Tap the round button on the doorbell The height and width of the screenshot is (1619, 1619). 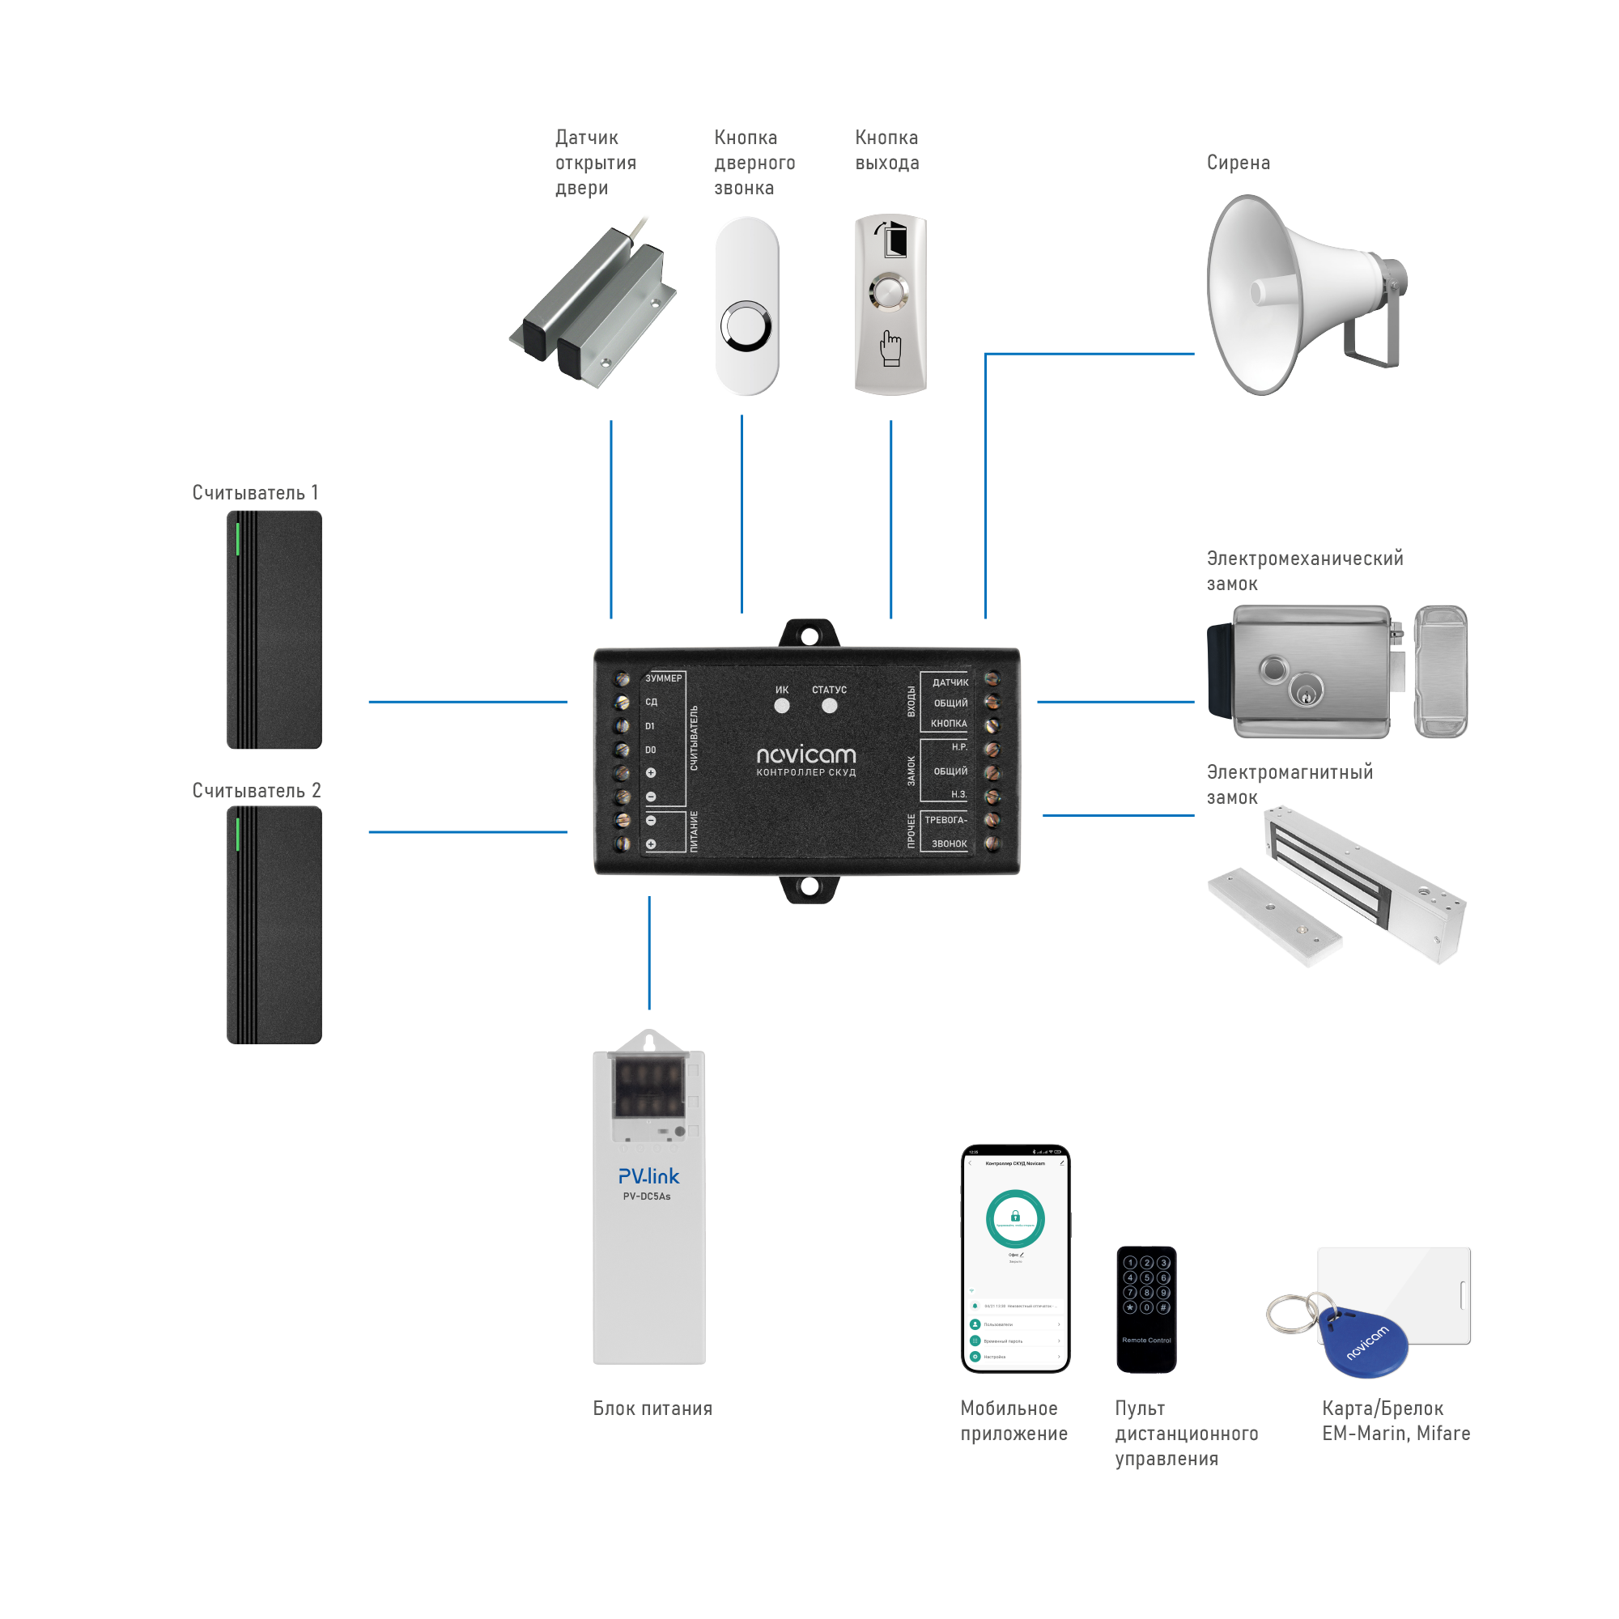coord(746,327)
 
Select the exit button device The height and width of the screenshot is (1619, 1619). coord(890,305)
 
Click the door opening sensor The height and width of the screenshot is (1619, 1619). coord(595,306)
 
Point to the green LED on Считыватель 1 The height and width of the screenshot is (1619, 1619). coord(238,539)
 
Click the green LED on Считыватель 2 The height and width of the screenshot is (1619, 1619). coord(238,835)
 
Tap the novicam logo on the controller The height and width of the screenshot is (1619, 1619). coord(806,755)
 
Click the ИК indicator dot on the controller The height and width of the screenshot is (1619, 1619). coord(782,706)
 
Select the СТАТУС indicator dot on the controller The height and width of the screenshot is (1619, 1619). coord(830,706)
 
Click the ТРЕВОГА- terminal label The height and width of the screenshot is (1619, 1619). coord(946,820)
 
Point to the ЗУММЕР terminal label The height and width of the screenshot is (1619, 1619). coord(664,678)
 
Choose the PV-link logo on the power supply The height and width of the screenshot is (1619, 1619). coord(648,1176)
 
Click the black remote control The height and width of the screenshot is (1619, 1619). coord(1146,1310)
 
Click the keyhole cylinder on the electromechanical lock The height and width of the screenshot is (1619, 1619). coord(1306,692)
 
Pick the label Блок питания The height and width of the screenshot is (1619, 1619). coord(652,1409)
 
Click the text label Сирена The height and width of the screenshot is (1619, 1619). coord(1239,163)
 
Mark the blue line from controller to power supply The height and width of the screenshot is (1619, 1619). coord(649,953)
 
